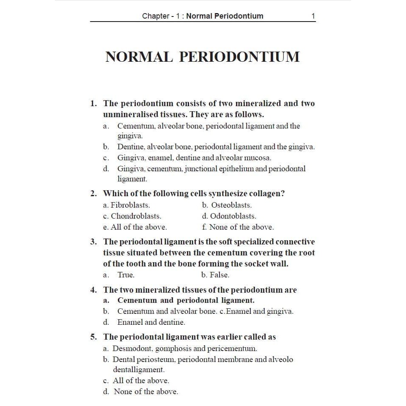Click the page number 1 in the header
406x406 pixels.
click(x=313, y=16)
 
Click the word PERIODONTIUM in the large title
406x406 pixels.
click(x=239, y=57)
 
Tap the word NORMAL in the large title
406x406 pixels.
click(x=139, y=57)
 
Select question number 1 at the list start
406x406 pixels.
click(x=94, y=104)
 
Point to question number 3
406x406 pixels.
click(x=94, y=242)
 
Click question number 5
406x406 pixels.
click(x=94, y=337)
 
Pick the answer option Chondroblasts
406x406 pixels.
click(x=136, y=216)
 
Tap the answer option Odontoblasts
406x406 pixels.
click(x=233, y=216)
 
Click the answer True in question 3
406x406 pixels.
click(x=126, y=275)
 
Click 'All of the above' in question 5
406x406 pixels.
click(x=141, y=380)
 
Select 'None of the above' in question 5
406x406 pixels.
click(x=146, y=392)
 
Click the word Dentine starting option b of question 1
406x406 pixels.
click(x=131, y=147)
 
